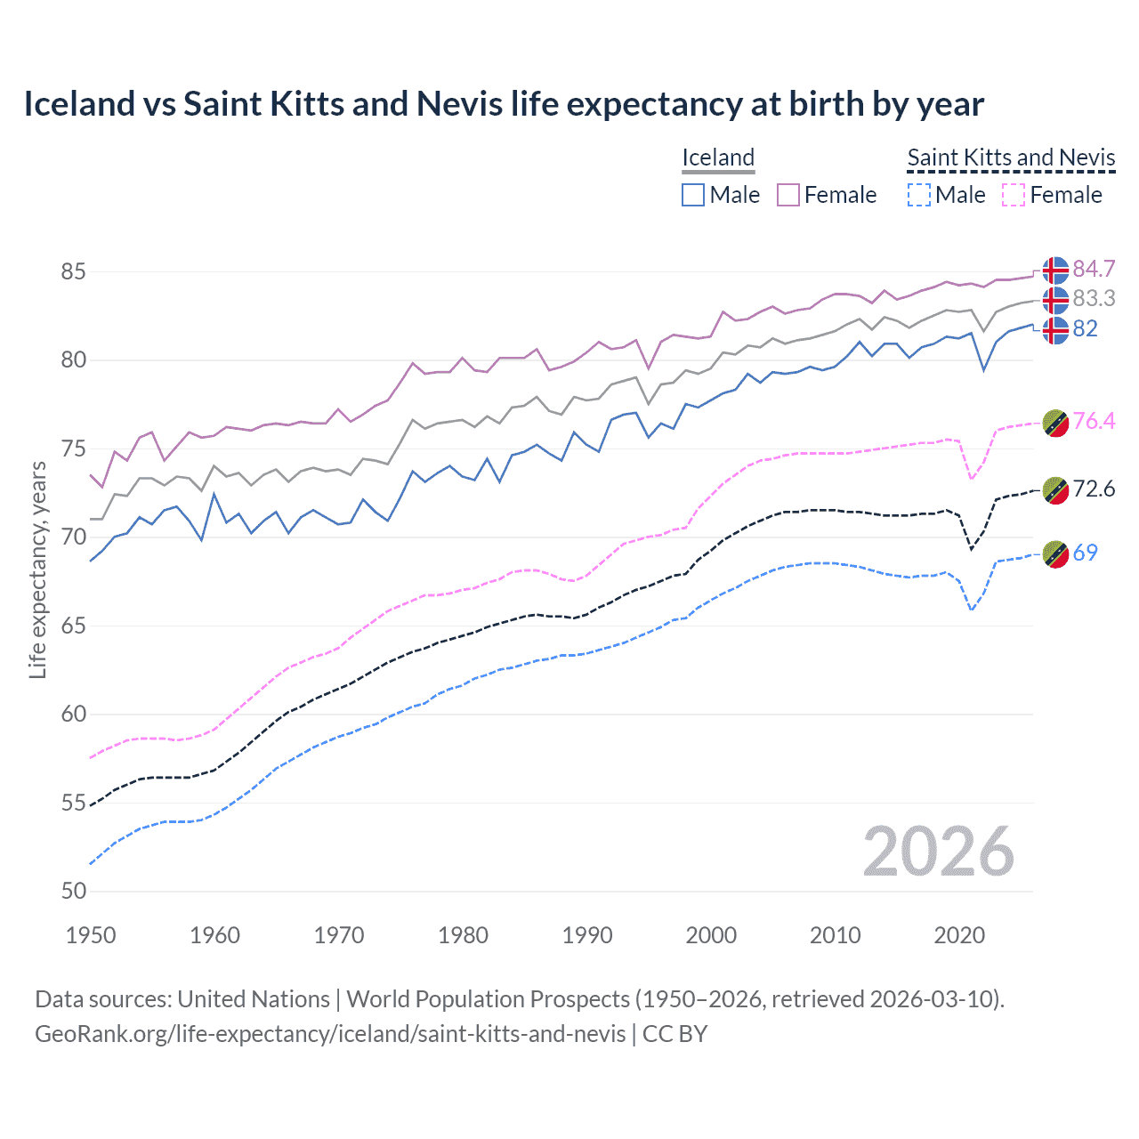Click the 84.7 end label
[x=1094, y=269]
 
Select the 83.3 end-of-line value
[x=1094, y=298]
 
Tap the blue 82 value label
[x=1085, y=328]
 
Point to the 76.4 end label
[x=1094, y=421]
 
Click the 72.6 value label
[x=1094, y=489]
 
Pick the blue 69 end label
[x=1085, y=553]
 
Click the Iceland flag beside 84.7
[x=1055, y=270]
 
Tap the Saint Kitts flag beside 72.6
[x=1055, y=490]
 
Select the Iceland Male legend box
[x=693, y=195]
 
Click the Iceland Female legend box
[x=788, y=195]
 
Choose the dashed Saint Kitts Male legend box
[x=919, y=195]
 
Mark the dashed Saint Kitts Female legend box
[x=1014, y=195]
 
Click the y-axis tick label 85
[x=73, y=271]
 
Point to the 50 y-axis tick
[x=73, y=891]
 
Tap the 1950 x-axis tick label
[x=91, y=935]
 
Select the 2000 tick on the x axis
[x=711, y=935]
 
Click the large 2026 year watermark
[x=939, y=852]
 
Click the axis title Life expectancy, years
[x=38, y=569]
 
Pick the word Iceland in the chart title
[x=78, y=104]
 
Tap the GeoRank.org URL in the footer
[x=330, y=1033]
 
